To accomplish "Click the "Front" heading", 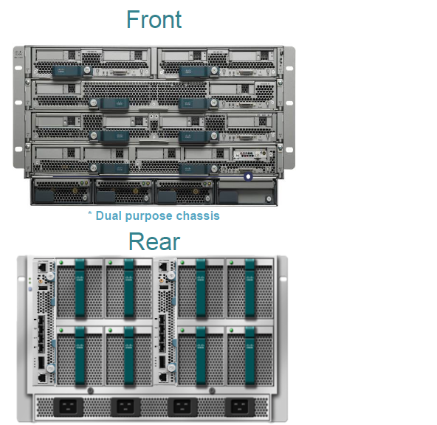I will [x=154, y=19].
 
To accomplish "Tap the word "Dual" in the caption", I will [x=109, y=215].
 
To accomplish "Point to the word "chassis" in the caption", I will [x=197, y=215].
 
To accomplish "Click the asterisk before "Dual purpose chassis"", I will [x=90, y=215].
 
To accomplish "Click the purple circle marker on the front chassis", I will [x=248, y=176].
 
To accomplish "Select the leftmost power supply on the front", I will [x=62, y=193].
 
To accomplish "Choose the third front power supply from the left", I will [x=185, y=193].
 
